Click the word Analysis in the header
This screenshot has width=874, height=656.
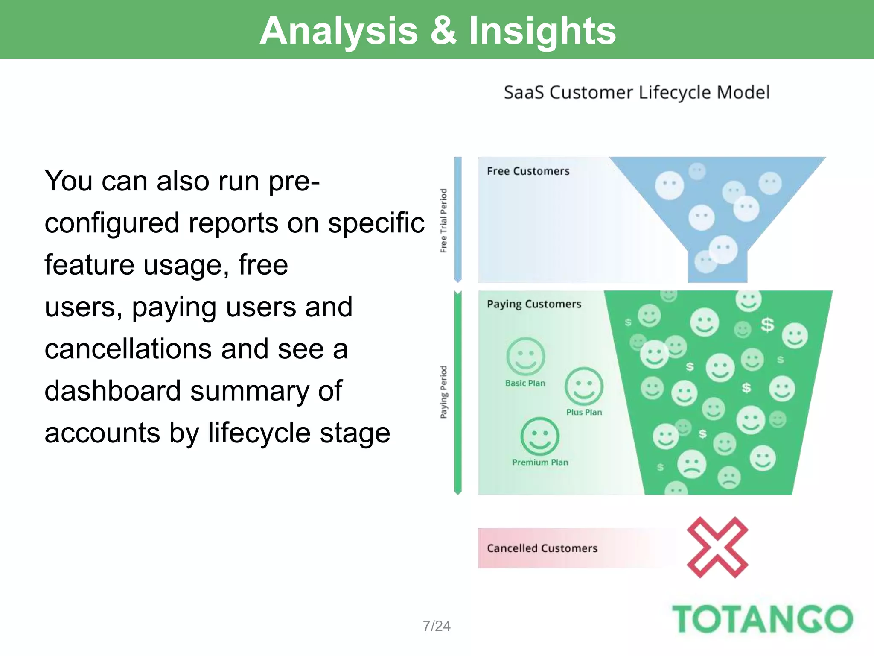coord(338,31)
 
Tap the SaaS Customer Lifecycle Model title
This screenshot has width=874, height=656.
coord(636,93)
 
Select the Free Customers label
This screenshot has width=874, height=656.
coord(528,171)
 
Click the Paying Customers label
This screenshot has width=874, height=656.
coord(534,304)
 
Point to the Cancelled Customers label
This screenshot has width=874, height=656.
coord(542,548)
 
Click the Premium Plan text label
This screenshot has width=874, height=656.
coord(540,463)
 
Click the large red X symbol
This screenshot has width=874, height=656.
coord(717,548)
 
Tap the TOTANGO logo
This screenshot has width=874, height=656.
coord(762,619)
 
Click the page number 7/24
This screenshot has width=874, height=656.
coord(437,626)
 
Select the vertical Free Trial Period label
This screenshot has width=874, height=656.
coord(443,220)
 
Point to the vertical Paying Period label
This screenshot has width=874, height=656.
coord(443,392)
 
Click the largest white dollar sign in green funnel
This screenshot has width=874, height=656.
coord(767,325)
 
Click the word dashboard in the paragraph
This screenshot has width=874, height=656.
coord(113,391)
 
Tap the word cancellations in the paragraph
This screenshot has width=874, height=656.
coord(128,349)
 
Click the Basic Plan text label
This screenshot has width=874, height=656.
coord(525,384)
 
